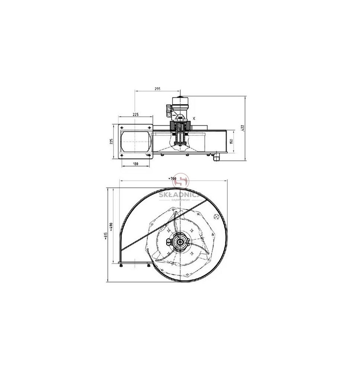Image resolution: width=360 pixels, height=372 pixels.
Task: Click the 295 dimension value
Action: coord(157,89)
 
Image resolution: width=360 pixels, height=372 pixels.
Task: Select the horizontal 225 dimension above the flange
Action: coord(135,115)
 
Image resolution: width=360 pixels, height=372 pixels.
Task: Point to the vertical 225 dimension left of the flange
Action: coord(111,141)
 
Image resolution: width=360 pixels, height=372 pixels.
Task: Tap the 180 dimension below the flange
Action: coord(135,164)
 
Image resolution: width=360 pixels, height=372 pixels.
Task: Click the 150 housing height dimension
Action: coord(232,141)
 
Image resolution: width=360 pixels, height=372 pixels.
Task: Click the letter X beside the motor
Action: coord(194,118)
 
